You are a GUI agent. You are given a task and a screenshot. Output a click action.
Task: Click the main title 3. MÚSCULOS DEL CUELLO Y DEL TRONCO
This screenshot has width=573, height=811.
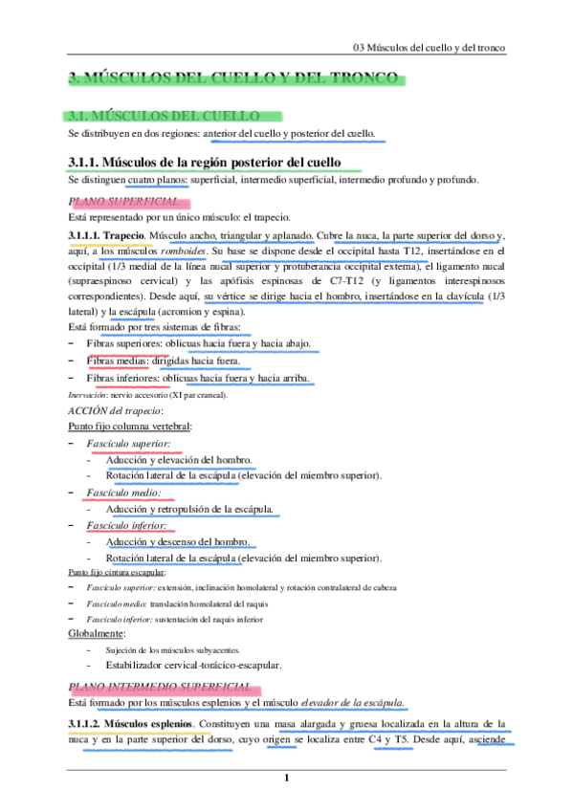pyautogui.click(x=233, y=79)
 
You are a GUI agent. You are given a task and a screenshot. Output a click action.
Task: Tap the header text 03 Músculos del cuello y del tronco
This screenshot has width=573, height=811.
pyautogui.click(x=429, y=46)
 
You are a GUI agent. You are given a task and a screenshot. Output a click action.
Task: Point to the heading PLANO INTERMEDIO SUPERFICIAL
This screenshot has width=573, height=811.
pyautogui.click(x=161, y=687)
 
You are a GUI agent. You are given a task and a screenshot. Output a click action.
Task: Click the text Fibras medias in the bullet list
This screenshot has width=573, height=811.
pyautogui.click(x=119, y=362)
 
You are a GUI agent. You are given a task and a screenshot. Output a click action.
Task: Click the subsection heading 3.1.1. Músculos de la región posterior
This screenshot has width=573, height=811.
pyautogui.click(x=205, y=163)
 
